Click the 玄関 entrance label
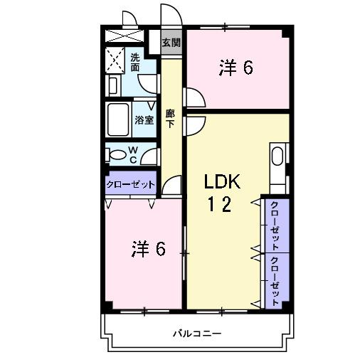(x=171, y=43)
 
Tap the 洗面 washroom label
(x=134, y=61)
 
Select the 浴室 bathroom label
(x=144, y=119)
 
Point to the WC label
(x=133, y=154)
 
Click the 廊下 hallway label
(x=171, y=118)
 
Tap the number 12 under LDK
(x=219, y=206)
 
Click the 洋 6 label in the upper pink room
(x=236, y=68)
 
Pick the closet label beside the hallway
(x=130, y=184)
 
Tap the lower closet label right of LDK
(x=275, y=278)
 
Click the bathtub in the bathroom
(x=118, y=119)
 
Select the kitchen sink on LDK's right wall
(x=277, y=157)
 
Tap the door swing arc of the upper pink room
(x=194, y=97)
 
